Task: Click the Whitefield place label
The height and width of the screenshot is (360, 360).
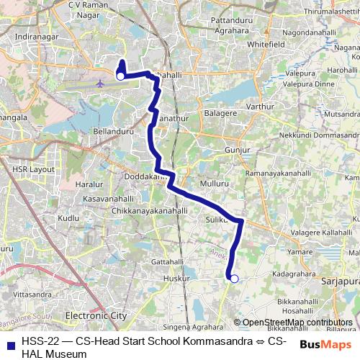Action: pyautogui.click(x=266, y=44)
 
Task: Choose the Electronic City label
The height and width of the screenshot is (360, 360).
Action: pyautogui.click(x=96, y=315)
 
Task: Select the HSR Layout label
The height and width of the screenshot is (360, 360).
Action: pyautogui.click(x=33, y=169)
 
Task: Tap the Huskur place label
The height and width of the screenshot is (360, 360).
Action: pyautogui.click(x=176, y=277)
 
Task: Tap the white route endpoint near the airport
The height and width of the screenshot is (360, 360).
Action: pyautogui.click(x=121, y=75)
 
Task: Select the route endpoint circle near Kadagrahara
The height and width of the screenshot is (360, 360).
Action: pyautogui.click(x=233, y=278)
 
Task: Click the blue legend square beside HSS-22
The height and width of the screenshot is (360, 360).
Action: pyautogui.click(x=10, y=343)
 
